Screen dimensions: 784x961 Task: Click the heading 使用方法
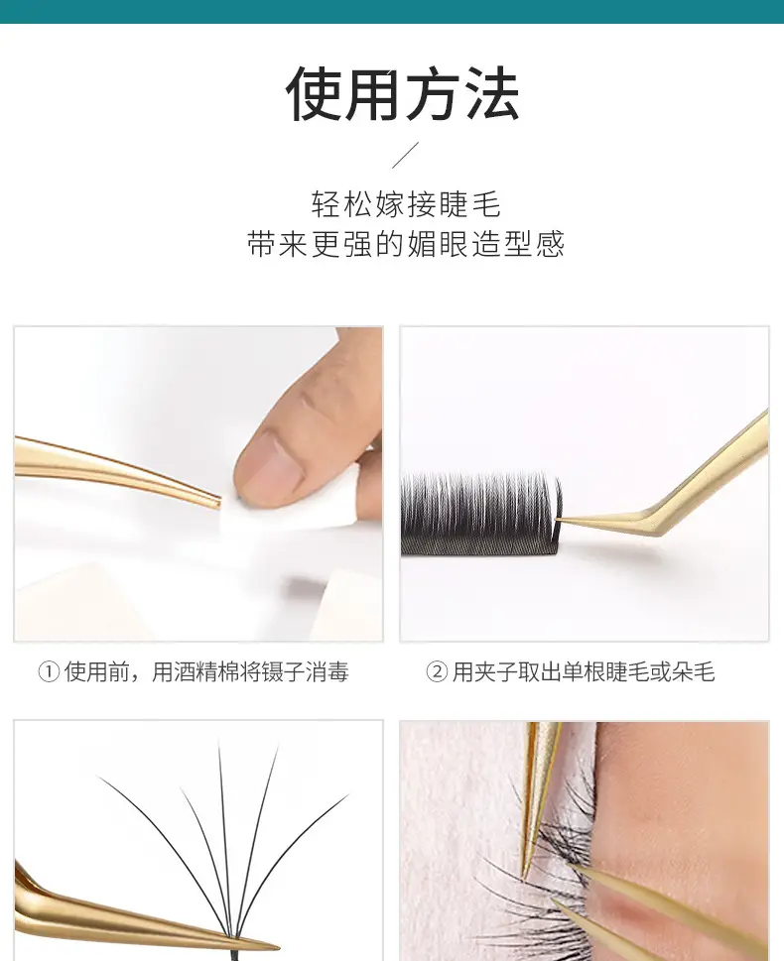(403, 93)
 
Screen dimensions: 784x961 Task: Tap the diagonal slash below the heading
(406, 155)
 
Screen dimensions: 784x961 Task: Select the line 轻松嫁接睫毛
(406, 204)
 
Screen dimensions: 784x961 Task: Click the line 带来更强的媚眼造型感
(406, 244)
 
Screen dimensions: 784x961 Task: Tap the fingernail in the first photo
(269, 464)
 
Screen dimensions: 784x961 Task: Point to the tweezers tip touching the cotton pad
(217, 503)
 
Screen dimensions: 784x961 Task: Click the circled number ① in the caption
(49, 672)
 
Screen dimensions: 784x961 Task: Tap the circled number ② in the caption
(437, 672)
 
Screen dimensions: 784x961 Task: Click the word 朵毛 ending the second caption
(694, 672)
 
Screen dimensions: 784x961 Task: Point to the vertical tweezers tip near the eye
(526, 875)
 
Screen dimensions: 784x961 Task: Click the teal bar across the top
(392, 12)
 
